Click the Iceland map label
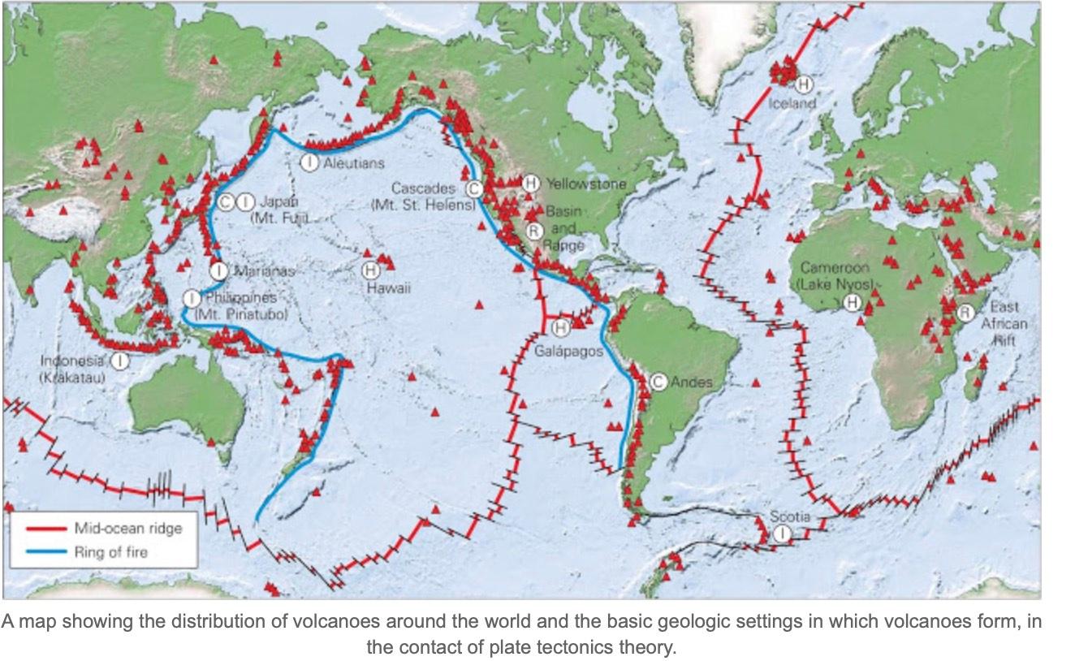coord(792,104)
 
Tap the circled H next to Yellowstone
coord(531,184)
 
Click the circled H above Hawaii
coord(370,270)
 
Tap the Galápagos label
coord(568,351)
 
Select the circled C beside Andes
coord(658,382)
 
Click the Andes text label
coord(692,382)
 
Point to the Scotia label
coord(790,516)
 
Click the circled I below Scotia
coord(781,534)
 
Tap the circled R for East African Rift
coord(965,313)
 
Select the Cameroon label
coord(835,267)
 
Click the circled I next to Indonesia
coord(120,360)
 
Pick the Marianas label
coord(266,271)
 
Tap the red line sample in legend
coord(44,529)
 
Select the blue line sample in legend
coord(44,552)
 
